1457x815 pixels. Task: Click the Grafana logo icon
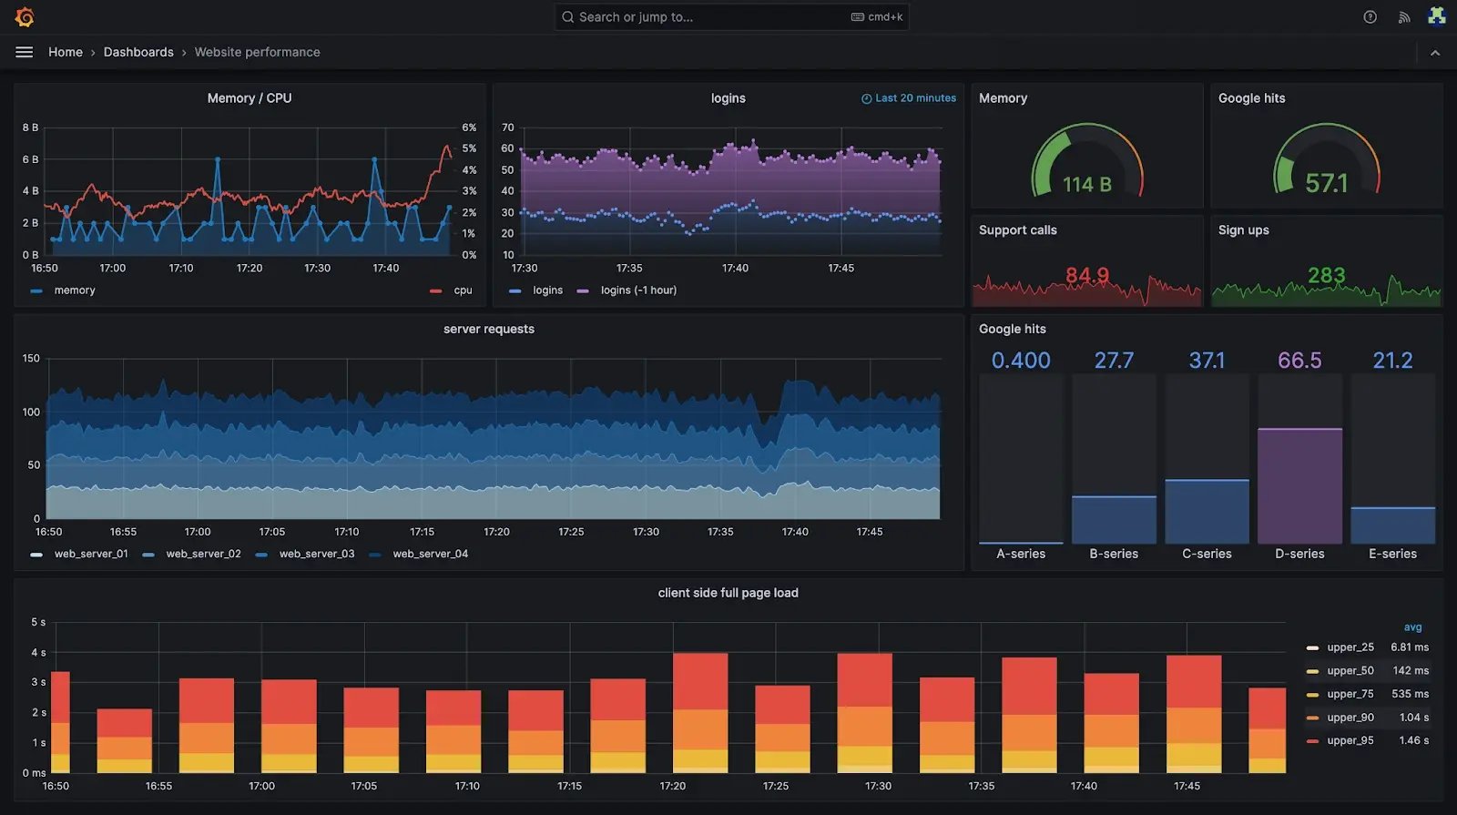pos(25,17)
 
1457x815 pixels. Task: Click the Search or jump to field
pos(710,17)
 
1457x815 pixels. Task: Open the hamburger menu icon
pos(25,52)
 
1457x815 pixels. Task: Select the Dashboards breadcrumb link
pos(138,52)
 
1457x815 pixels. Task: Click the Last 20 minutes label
pos(914,98)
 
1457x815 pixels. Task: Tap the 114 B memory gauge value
pos(1086,185)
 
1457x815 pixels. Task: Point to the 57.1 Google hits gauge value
pos(1326,184)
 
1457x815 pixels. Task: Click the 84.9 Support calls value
pos(1086,275)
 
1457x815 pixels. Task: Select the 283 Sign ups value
pos(1326,275)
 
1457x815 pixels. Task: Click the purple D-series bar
pos(1299,486)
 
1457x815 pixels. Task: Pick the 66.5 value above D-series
pos(1299,361)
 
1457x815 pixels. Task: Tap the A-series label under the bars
pos(1021,554)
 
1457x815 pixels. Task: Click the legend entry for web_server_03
pos(316,554)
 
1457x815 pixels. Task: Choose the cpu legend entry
pos(463,290)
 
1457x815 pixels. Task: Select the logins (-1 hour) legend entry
pos(637,290)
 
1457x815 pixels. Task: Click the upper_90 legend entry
pos(1350,718)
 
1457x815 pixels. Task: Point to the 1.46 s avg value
pos(1413,740)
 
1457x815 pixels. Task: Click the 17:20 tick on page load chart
pos(673,786)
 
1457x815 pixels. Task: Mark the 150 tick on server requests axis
pos(31,359)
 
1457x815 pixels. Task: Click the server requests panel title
pos(489,329)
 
